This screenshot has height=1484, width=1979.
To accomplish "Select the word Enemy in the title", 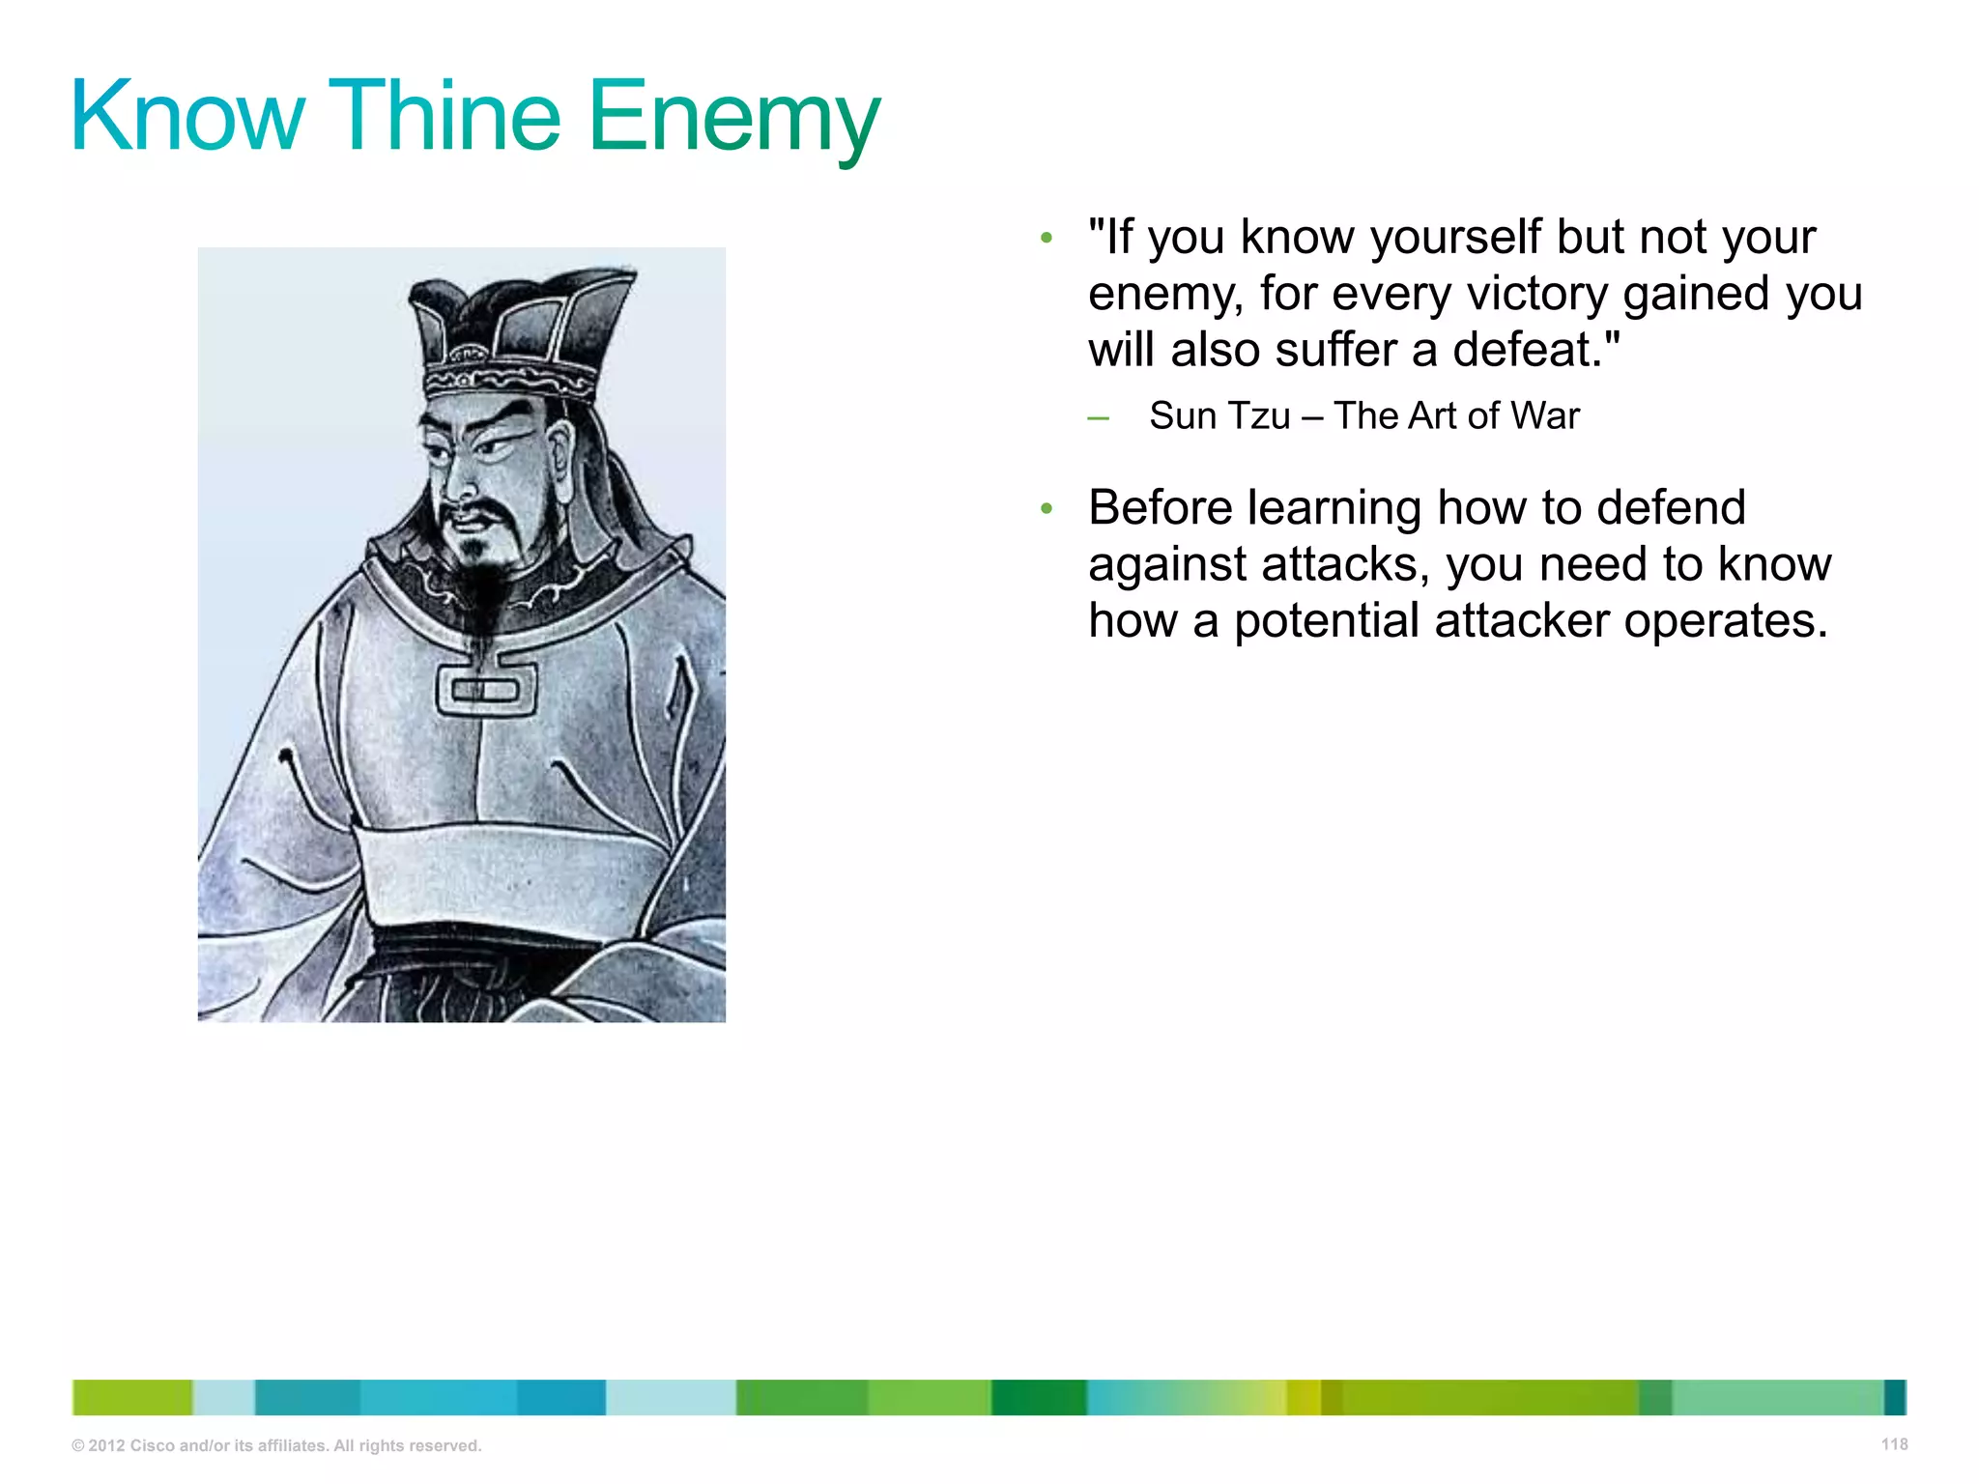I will [733, 120].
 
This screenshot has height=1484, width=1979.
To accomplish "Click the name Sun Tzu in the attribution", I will [1219, 416].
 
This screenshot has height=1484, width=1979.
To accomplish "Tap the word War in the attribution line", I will [1545, 416].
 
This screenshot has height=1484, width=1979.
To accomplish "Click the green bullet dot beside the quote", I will [1046, 238].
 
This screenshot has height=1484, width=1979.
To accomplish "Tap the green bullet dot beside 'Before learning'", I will [1046, 509].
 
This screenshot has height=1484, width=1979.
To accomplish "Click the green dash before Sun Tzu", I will [1098, 419].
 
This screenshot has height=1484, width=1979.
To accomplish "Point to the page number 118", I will [1894, 1444].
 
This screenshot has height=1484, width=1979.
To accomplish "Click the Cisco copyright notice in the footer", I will [276, 1446].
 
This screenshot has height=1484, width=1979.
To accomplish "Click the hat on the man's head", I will [517, 328].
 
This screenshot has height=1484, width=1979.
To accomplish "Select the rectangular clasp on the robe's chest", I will [486, 689].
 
